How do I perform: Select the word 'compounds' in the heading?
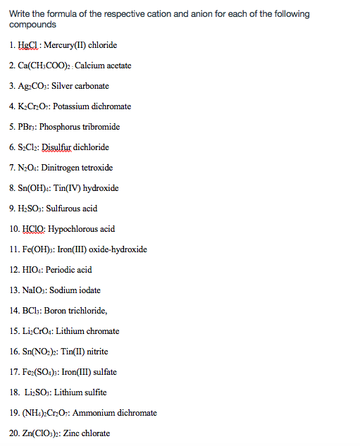click(33, 25)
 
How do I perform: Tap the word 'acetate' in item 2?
click(116, 66)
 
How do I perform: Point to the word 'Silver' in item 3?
click(65, 86)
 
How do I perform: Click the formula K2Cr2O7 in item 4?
click(36, 106)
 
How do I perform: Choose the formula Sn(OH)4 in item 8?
click(37, 188)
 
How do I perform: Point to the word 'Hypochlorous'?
click(73, 229)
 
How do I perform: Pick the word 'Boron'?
click(55, 311)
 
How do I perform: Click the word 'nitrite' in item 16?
click(95, 352)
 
